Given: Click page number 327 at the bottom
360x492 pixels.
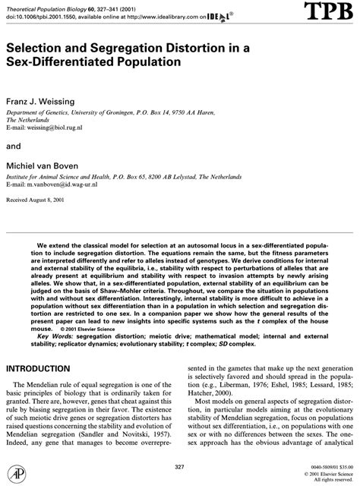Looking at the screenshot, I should [179, 465].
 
